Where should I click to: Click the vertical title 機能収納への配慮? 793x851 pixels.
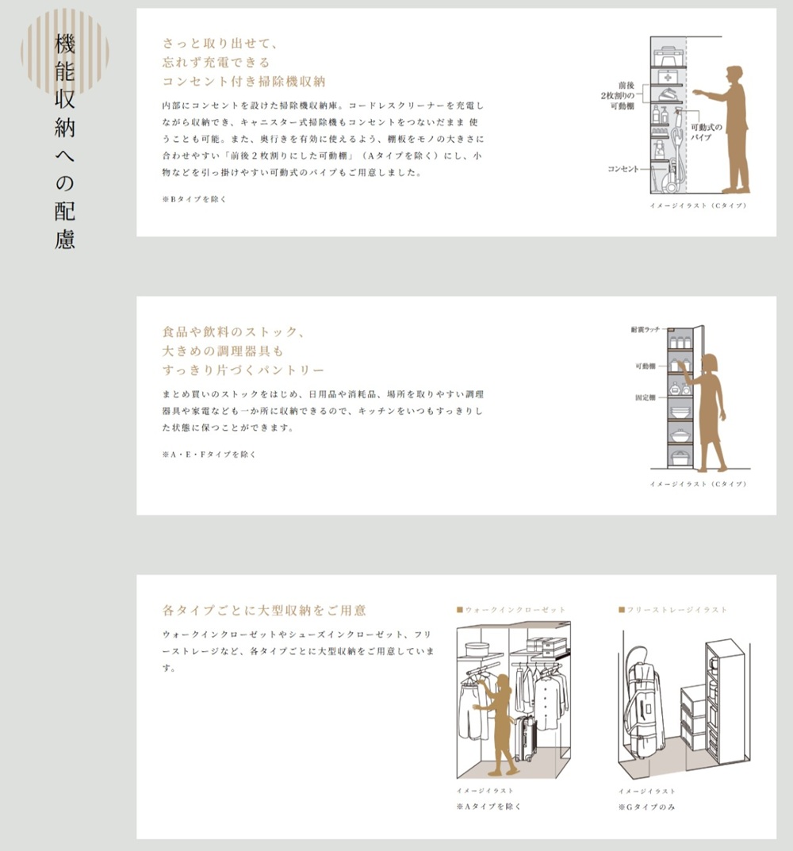[x=64, y=141]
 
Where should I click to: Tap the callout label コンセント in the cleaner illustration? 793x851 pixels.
[x=623, y=169]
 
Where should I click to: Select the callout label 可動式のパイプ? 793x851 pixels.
[x=706, y=132]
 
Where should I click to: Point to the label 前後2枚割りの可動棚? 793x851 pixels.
[x=618, y=95]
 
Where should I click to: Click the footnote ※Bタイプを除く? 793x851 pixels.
[x=193, y=199]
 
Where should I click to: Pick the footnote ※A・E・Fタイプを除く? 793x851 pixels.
[x=209, y=454]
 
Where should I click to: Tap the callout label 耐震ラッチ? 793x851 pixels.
[x=646, y=329]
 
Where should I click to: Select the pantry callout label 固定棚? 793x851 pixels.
[x=646, y=397]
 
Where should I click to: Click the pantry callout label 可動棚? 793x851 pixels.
[x=646, y=366]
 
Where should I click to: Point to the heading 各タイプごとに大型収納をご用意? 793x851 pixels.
[x=264, y=610]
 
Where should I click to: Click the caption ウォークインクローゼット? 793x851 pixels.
[x=515, y=609]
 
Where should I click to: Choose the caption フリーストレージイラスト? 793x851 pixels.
[x=676, y=609]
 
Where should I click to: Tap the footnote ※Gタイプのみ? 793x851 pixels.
[x=646, y=807]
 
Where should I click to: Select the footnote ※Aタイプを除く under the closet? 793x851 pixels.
[x=488, y=807]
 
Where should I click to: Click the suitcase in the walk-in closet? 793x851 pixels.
[x=525, y=738]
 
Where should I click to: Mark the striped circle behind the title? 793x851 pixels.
[x=65, y=52]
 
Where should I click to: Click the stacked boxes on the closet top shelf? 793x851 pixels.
[x=543, y=646]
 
